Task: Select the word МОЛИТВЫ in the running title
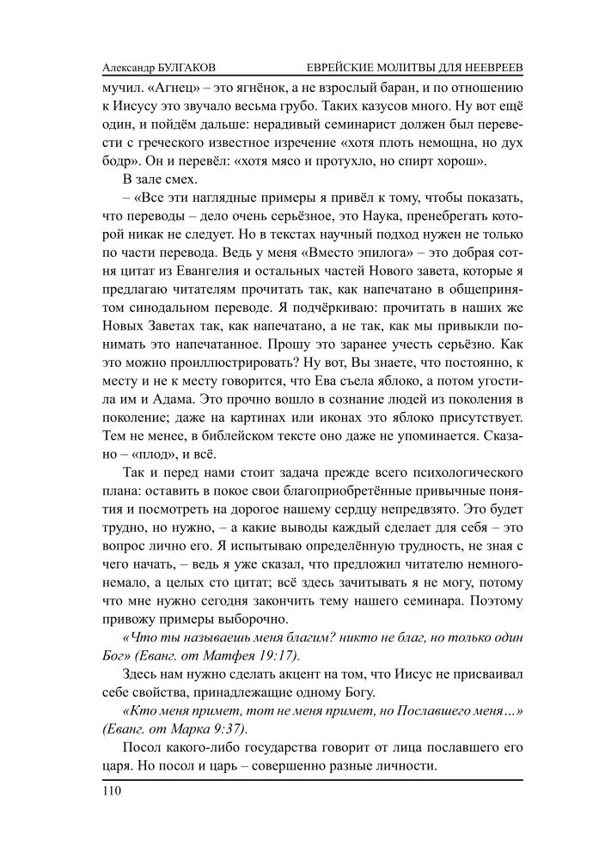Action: click(408, 67)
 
